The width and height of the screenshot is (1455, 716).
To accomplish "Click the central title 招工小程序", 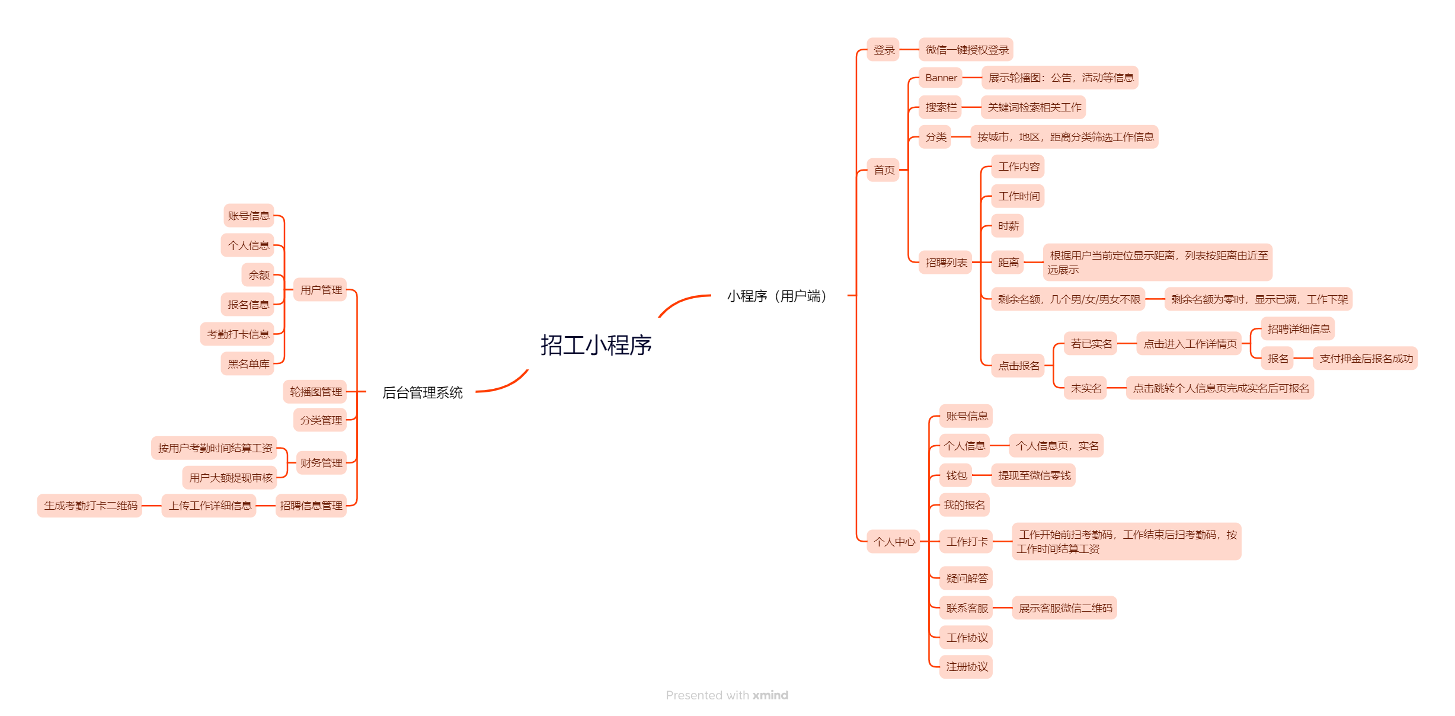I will pos(596,345).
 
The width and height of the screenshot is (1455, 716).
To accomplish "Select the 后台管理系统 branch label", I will pos(422,392).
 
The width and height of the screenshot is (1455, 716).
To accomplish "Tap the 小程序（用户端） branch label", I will pos(777,296).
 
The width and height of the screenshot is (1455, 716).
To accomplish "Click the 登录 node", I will pos(883,50).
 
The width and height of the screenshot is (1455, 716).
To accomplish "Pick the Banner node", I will pos(941,78).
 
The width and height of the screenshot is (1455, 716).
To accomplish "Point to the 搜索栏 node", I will pos(941,107).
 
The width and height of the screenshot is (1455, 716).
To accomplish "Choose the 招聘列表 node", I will pos(946,263).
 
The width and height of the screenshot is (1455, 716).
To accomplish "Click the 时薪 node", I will pos(1008,226).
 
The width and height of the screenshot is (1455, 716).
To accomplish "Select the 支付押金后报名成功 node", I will pos(1366,359).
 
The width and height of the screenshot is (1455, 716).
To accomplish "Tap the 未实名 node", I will pos(1086,388).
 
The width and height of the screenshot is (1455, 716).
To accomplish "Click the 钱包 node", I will pos(956,475).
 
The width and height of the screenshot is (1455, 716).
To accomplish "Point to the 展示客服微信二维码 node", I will pos(1065,608).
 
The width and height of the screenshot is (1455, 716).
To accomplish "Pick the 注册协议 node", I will pos(966,667).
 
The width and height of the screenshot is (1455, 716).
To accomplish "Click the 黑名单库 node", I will pos(248,364).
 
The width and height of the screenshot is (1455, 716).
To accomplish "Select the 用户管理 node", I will pos(321,290).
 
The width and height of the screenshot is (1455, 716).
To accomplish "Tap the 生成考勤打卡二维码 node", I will pos(90,506).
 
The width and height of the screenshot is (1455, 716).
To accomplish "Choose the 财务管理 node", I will pos(321,463).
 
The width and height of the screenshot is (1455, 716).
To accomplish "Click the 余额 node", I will pos(258,275).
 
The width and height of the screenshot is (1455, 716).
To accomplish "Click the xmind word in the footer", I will pos(770,695).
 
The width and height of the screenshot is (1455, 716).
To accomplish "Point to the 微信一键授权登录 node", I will pos(967,50).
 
